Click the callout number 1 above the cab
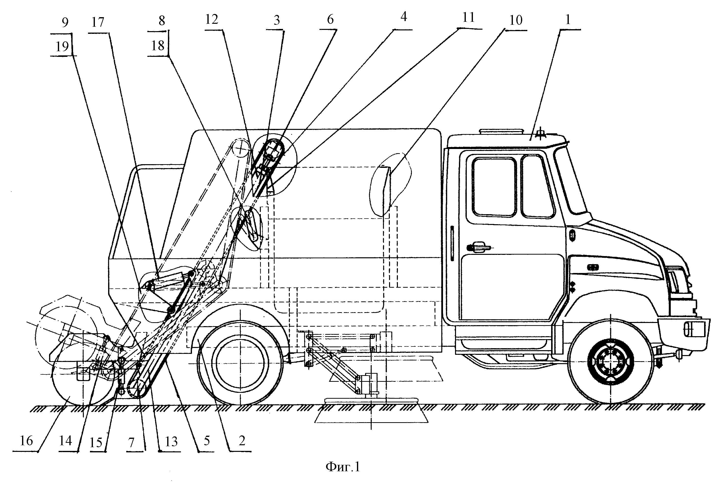point(568,19)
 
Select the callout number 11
point(468,18)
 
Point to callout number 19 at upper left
point(62,46)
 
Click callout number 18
point(158,46)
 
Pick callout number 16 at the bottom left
point(26,441)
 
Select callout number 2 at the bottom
point(242,441)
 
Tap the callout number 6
point(330,19)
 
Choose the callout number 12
point(212,19)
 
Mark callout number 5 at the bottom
point(207,441)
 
